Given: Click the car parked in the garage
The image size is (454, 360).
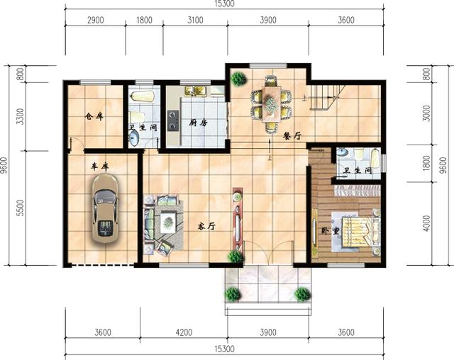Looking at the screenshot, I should click(x=105, y=208).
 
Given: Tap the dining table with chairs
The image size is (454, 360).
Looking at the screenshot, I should click(x=270, y=103).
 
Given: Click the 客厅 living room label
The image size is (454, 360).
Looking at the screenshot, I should click(x=206, y=227).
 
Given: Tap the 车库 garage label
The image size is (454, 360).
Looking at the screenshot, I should click(x=99, y=167).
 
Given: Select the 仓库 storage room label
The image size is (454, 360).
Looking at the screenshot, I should click(x=94, y=116).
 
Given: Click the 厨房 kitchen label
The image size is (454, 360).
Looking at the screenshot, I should click(x=198, y=123).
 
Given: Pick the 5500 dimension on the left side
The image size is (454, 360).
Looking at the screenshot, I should click(x=21, y=208).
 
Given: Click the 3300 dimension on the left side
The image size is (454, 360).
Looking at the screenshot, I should click(x=21, y=115).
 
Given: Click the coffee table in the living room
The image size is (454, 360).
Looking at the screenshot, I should click(x=167, y=223).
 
